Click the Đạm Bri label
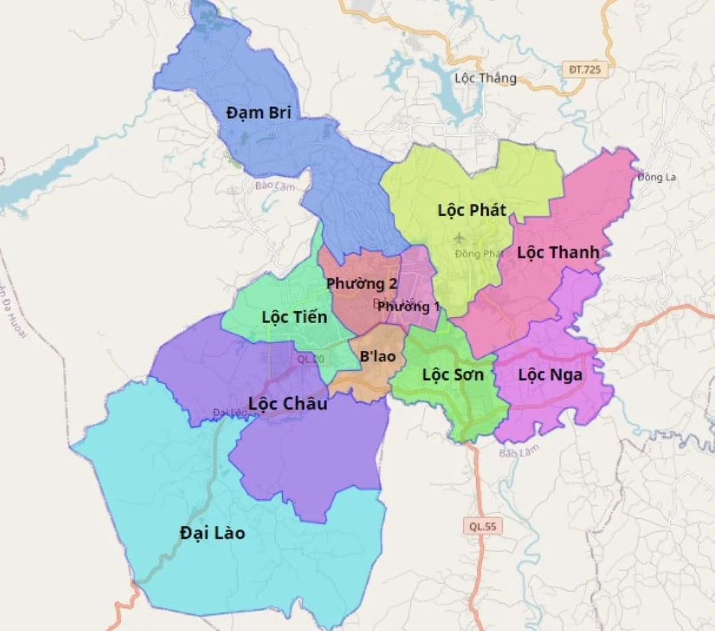click(x=258, y=113)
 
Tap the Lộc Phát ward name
click(x=472, y=211)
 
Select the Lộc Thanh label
click(x=558, y=252)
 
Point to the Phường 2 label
click(x=361, y=284)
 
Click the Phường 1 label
click(x=409, y=307)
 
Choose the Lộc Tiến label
click(x=294, y=317)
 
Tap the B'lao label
click(x=377, y=356)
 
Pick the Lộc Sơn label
click(x=453, y=375)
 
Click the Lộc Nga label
click(x=550, y=375)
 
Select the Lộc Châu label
click(x=287, y=403)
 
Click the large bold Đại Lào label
click(x=212, y=532)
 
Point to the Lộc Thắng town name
click(x=485, y=78)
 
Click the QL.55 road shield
click(x=483, y=526)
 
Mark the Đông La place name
click(x=657, y=177)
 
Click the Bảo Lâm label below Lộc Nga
click(x=518, y=452)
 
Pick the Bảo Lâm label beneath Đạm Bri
click(x=274, y=187)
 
